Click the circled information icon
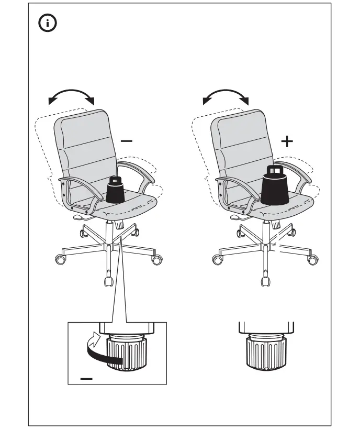[x=48, y=23]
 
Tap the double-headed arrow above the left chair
[x=71, y=95]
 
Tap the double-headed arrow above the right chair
[x=226, y=95]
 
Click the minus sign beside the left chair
[x=127, y=140]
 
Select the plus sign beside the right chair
[x=287, y=141]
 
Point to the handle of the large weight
[x=275, y=170]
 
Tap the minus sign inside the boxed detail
[x=87, y=377]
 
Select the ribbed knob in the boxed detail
[x=126, y=354]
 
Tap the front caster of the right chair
[x=266, y=281]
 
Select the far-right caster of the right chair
[x=313, y=260]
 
